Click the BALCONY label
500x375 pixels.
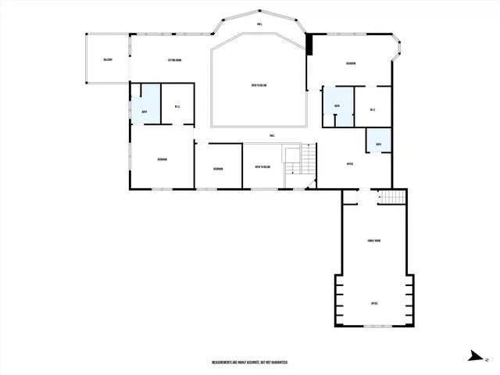tap(108, 60)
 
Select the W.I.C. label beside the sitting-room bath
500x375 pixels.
tap(177, 108)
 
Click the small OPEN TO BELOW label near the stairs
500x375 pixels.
tap(262, 166)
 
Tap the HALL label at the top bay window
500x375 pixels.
tap(259, 25)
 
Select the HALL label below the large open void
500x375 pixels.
tap(272, 135)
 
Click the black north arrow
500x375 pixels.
tap(473, 357)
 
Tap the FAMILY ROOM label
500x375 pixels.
tap(373, 241)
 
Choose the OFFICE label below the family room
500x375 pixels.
tap(374, 302)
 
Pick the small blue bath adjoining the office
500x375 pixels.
tap(378, 144)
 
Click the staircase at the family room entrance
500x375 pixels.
tap(392, 197)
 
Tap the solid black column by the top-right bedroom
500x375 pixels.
tap(310, 44)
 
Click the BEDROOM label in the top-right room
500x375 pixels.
tap(352, 63)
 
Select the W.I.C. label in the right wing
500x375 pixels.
tap(373, 109)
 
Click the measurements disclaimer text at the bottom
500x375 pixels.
tap(250, 362)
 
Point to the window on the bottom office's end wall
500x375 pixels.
tap(373, 327)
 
